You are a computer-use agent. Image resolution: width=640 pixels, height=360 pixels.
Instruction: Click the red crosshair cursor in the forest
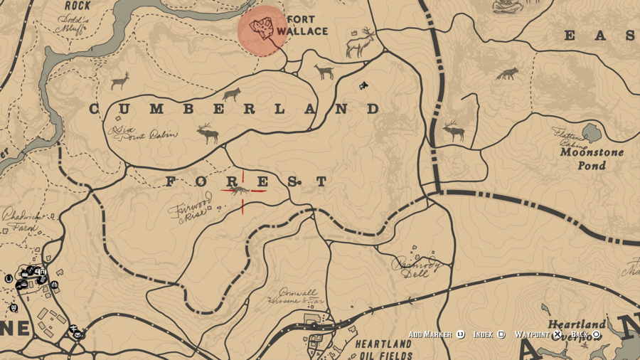tap(242, 191)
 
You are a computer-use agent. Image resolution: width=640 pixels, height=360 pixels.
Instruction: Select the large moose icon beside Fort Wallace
tap(360, 44)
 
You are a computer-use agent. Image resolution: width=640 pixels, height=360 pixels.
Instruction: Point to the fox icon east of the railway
tap(507, 73)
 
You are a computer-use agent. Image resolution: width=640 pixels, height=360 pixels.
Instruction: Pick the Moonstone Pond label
tap(592, 159)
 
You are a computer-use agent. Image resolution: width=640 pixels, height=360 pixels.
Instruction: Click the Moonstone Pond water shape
tap(591, 132)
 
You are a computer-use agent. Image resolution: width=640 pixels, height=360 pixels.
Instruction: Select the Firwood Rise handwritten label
tap(191, 208)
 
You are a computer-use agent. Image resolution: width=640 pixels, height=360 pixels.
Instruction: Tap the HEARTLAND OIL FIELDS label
tap(383, 349)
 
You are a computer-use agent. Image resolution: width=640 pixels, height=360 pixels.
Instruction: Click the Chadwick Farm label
tap(19, 217)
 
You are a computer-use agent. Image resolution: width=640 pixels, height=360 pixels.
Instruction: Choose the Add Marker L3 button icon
tap(460, 334)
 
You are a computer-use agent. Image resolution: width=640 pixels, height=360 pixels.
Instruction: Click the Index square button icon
tap(501, 334)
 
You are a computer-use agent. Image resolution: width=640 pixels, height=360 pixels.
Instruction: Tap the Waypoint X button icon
tap(558, 334)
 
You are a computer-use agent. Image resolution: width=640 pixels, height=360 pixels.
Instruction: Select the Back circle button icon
tap(596, 334)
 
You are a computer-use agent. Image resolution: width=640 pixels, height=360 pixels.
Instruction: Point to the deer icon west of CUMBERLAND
tap(120, 80)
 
